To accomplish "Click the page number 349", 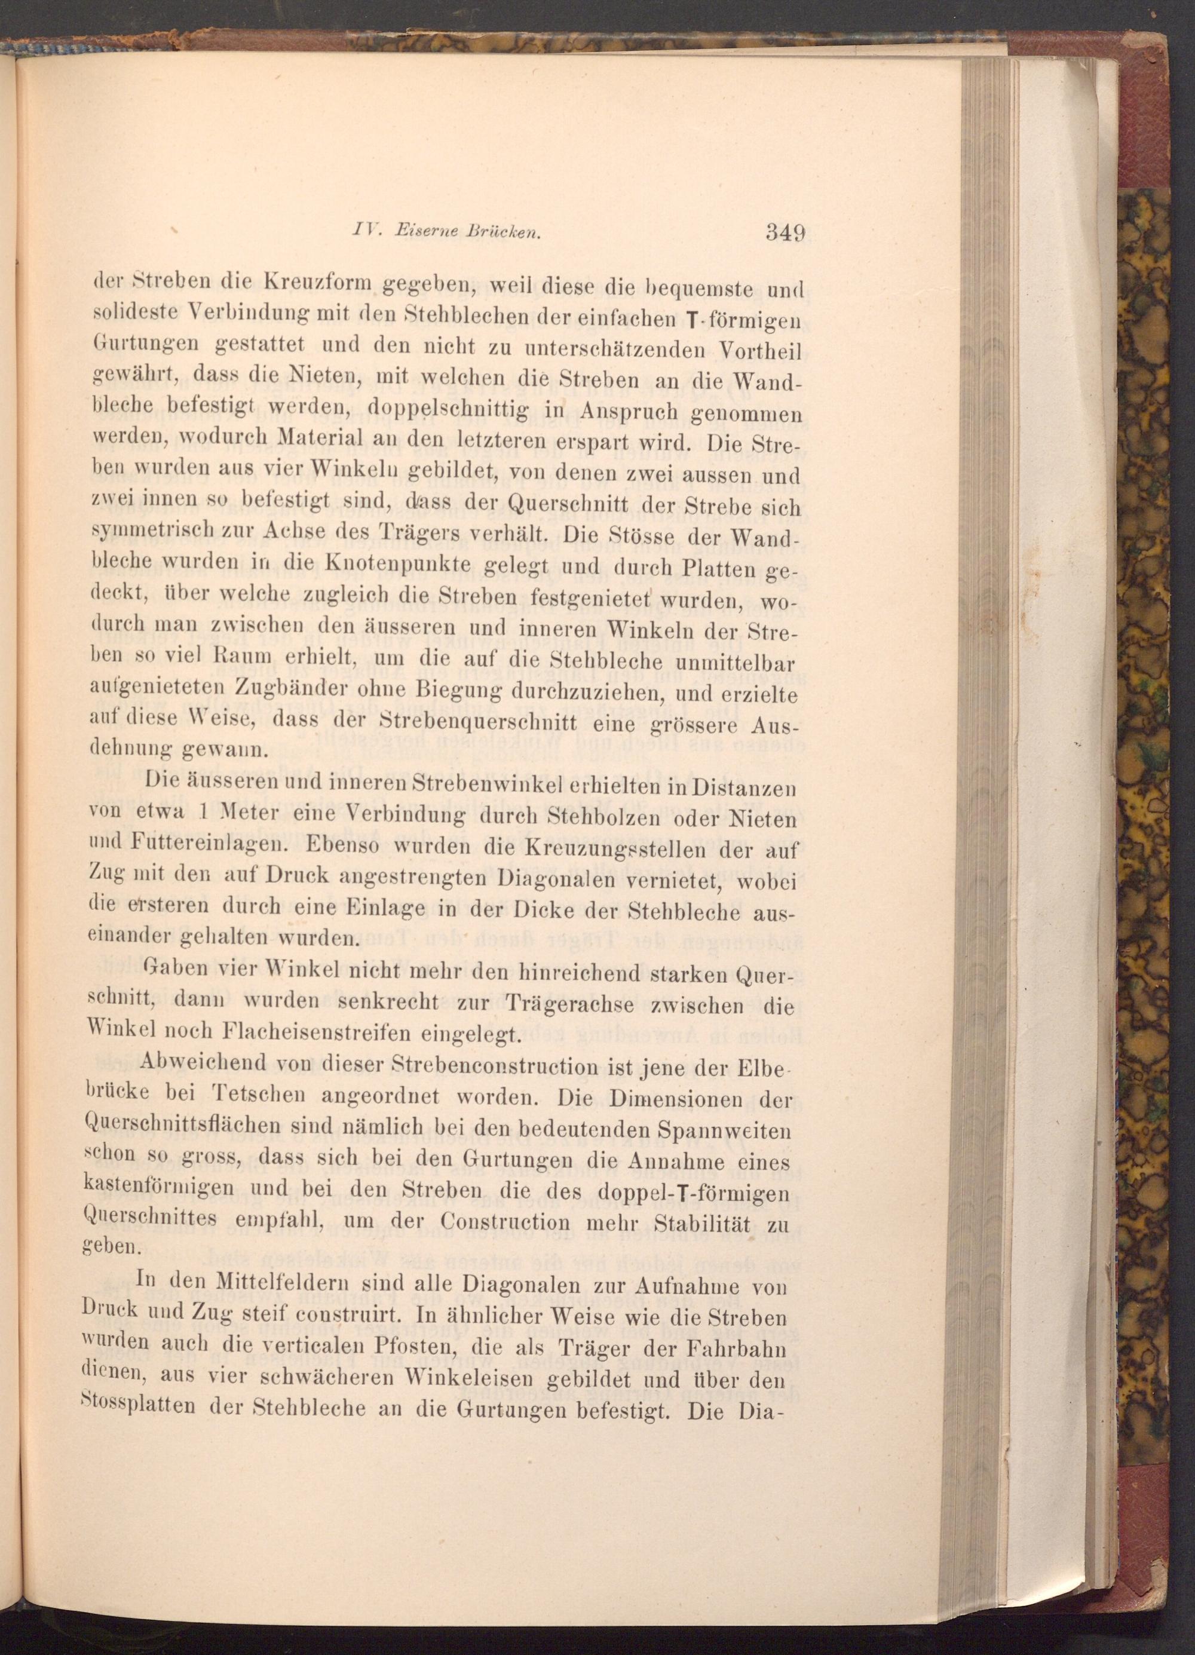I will (x=785, y=234).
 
